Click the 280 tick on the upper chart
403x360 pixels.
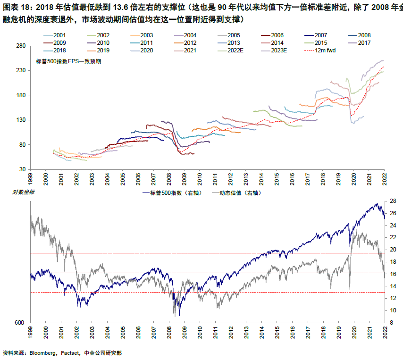click(x=20, y=46)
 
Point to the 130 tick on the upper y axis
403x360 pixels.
click(x=20, y=120)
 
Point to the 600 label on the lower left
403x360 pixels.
click(x=19, y=323)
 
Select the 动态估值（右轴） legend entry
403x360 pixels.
click(x=238, y=193)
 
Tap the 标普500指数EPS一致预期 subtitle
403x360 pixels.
click(x=68, y=61)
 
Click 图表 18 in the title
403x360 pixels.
click(x=15, y=8)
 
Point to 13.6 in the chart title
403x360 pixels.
click(x=125, y=8)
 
